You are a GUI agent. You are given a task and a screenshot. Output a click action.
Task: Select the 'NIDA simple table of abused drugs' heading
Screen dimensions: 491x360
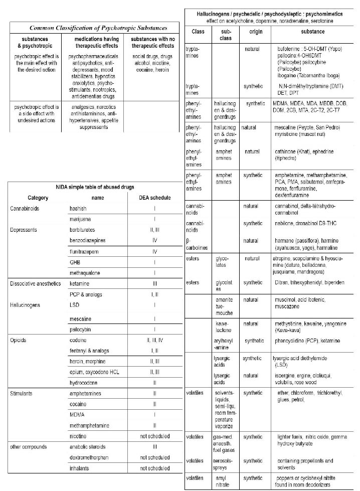pyautogui.click(x=95, y=187)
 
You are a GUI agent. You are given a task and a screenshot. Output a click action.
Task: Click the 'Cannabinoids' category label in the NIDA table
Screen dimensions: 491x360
pyautogui.click(x=27, y=208)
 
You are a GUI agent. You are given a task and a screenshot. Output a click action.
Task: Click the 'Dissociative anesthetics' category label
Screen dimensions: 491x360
pyautogui.click(x=36, y=284)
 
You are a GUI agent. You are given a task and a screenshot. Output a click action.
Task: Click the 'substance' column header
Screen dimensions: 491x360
pyautogui.click(x=313, y=32)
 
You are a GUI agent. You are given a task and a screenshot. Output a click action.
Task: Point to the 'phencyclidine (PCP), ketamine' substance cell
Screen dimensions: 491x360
pyautogui.click(x=309, y=341)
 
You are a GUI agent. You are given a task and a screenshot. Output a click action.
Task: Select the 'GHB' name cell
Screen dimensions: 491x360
pyautogui.click(x=75, y=262)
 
